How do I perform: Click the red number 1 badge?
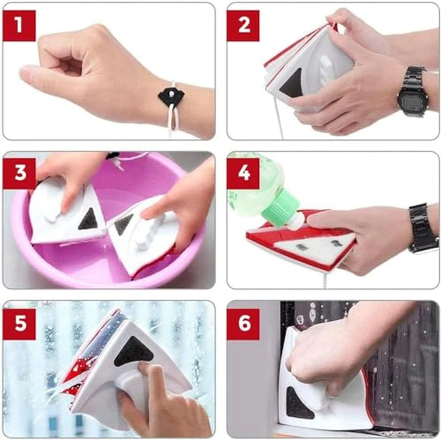(x=19, y=25)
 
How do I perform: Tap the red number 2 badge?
(x=243, y=25)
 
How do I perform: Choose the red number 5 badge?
(x=19, y=324)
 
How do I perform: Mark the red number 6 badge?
(x=243, y=324)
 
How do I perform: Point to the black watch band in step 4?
(x=423, y=228)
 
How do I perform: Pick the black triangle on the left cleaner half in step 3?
(x=88, y=219)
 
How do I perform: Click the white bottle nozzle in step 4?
(x=296, y=222)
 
